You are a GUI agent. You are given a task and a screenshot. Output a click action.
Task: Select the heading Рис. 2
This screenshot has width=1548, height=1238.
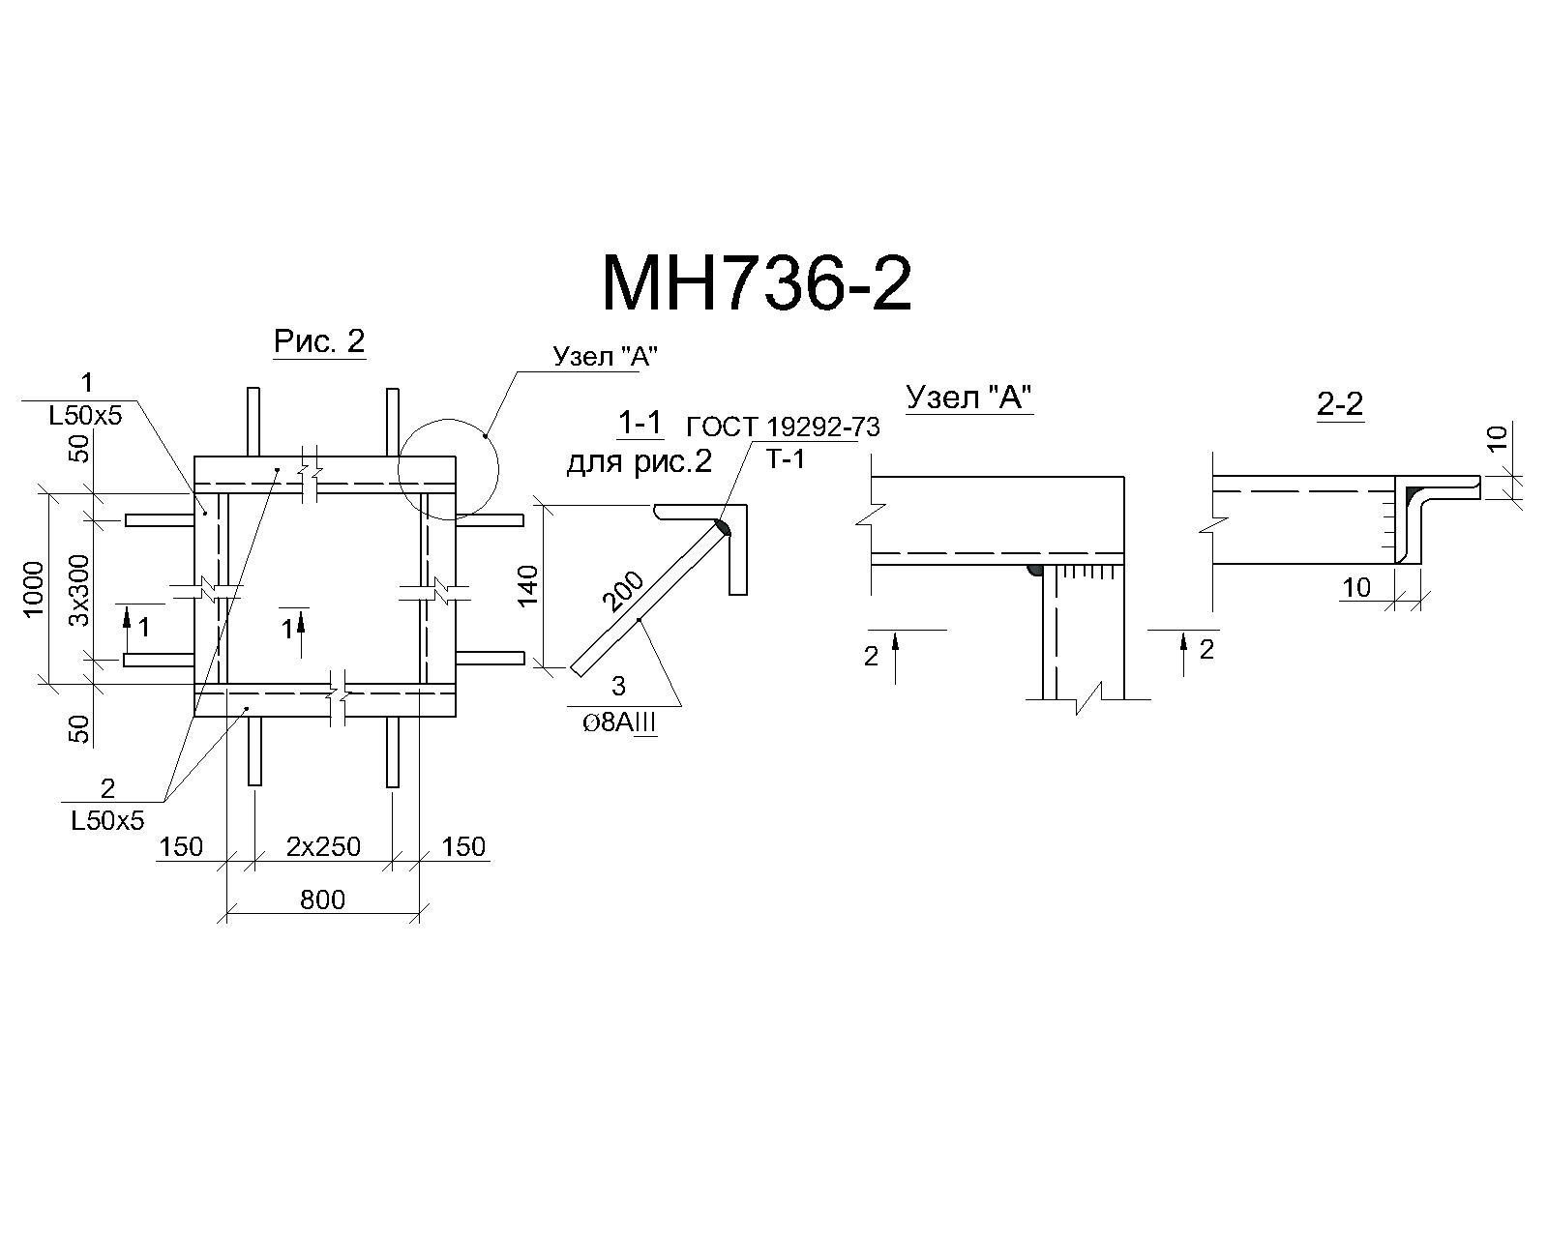pyautogui.click(x=319, y=341)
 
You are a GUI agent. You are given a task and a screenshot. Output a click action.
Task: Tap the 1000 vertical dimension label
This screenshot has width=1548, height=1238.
pyautogui.click(x=34, y=589)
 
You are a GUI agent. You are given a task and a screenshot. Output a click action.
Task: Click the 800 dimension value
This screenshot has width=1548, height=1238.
pyautogui.click(x=322, y=899)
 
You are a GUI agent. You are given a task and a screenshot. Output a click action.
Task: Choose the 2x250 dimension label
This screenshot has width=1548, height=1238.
pyautogui.click(x=324, y=846)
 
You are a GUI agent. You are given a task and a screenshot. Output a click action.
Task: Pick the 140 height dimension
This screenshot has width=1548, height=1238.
pyautogui.click(x=528, y=586)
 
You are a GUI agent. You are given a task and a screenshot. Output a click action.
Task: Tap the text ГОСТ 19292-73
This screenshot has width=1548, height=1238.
pyautogui.click(x=784, y=427)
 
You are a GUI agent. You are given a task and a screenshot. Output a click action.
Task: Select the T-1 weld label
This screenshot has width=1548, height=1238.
pyautogui.click(x=785, y=459)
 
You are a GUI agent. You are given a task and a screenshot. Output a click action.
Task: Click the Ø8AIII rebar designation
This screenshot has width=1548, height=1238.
pyautogui.click(x=619, y=722)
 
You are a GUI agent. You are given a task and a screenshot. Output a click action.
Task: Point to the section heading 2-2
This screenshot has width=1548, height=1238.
pyautogui.click(x=1339, y=404)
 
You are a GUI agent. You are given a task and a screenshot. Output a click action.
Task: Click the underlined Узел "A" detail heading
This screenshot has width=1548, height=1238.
pyautogui.click(x=968, y=398)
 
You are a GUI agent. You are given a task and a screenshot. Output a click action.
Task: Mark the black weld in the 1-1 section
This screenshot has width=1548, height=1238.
pyautogui.click(x=724, y=527)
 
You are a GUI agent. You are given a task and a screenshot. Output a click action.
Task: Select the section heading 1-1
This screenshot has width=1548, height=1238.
pyautogui.click(x=640, y=425)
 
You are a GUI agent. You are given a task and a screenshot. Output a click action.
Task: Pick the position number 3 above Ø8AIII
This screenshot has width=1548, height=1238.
pyautogui.click(x=618, y=686)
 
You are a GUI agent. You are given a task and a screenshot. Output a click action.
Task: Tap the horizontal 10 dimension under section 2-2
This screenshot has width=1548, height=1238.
pyautogui.click(x=1355, y=588)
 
